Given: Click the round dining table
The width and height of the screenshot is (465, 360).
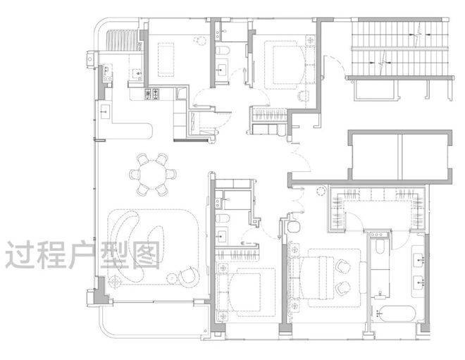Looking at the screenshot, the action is (x=154, y=174).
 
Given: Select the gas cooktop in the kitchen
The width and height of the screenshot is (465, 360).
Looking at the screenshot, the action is (x=152, y=94).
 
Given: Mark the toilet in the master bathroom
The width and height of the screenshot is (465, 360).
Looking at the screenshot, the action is (x=379, y=247).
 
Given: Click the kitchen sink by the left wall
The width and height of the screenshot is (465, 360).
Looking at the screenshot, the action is (x=105, y=111).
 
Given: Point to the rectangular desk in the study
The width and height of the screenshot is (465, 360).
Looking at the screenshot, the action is (x=166, y=60).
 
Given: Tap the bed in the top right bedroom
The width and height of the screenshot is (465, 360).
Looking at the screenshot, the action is (x=285, y=65).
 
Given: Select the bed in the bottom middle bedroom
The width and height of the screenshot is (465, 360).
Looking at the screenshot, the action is (x=245, y=292).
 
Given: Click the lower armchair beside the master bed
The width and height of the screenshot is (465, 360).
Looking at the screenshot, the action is (x=343, y=287).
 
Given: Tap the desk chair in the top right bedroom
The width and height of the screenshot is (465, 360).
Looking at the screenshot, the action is (x=304, y=96).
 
